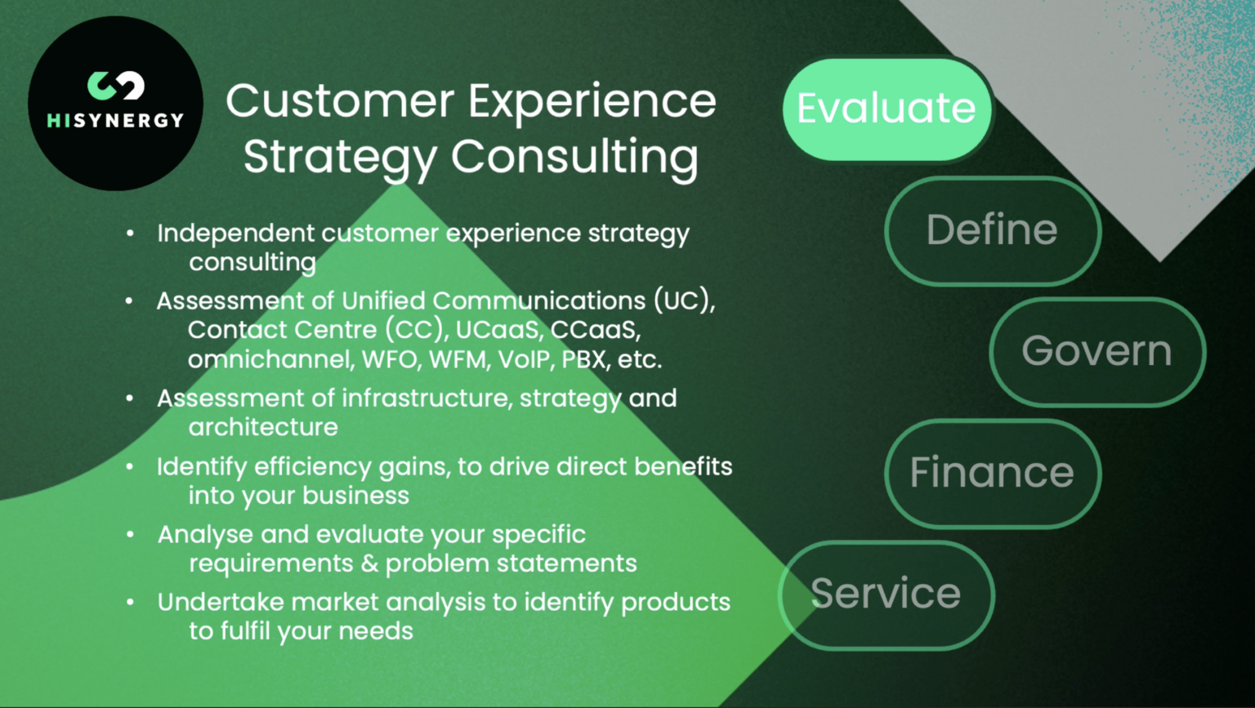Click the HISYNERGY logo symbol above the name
coord(115,86)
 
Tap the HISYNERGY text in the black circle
coord(115,120)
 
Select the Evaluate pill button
coord(887,109)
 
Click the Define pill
coord(992,230)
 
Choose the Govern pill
coord(1096,351)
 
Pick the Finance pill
coord(992,473)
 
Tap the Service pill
coord(887,594)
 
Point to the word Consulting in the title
coord(574,156)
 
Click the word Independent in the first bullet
coord(235,234)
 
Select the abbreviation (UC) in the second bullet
coord(683,301)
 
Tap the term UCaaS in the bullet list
coord(498,330)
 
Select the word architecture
coord(263,427)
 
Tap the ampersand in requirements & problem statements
coord(368,563)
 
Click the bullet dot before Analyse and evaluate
coord(130,535)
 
